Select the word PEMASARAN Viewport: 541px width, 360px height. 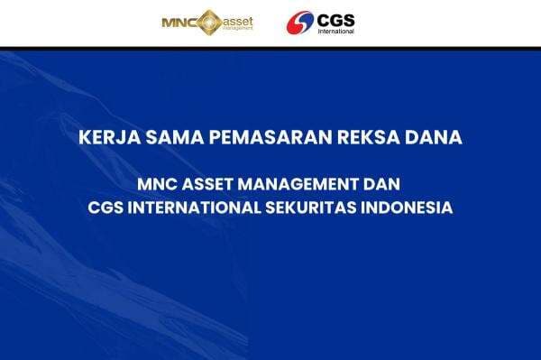[248, 140]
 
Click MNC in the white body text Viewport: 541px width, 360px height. [158, 184]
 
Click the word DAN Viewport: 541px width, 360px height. [384, 184]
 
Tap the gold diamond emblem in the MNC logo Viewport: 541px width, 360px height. [207, 21]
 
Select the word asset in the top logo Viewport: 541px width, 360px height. [237, 18]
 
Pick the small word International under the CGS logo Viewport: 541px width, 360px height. [336, 30]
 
